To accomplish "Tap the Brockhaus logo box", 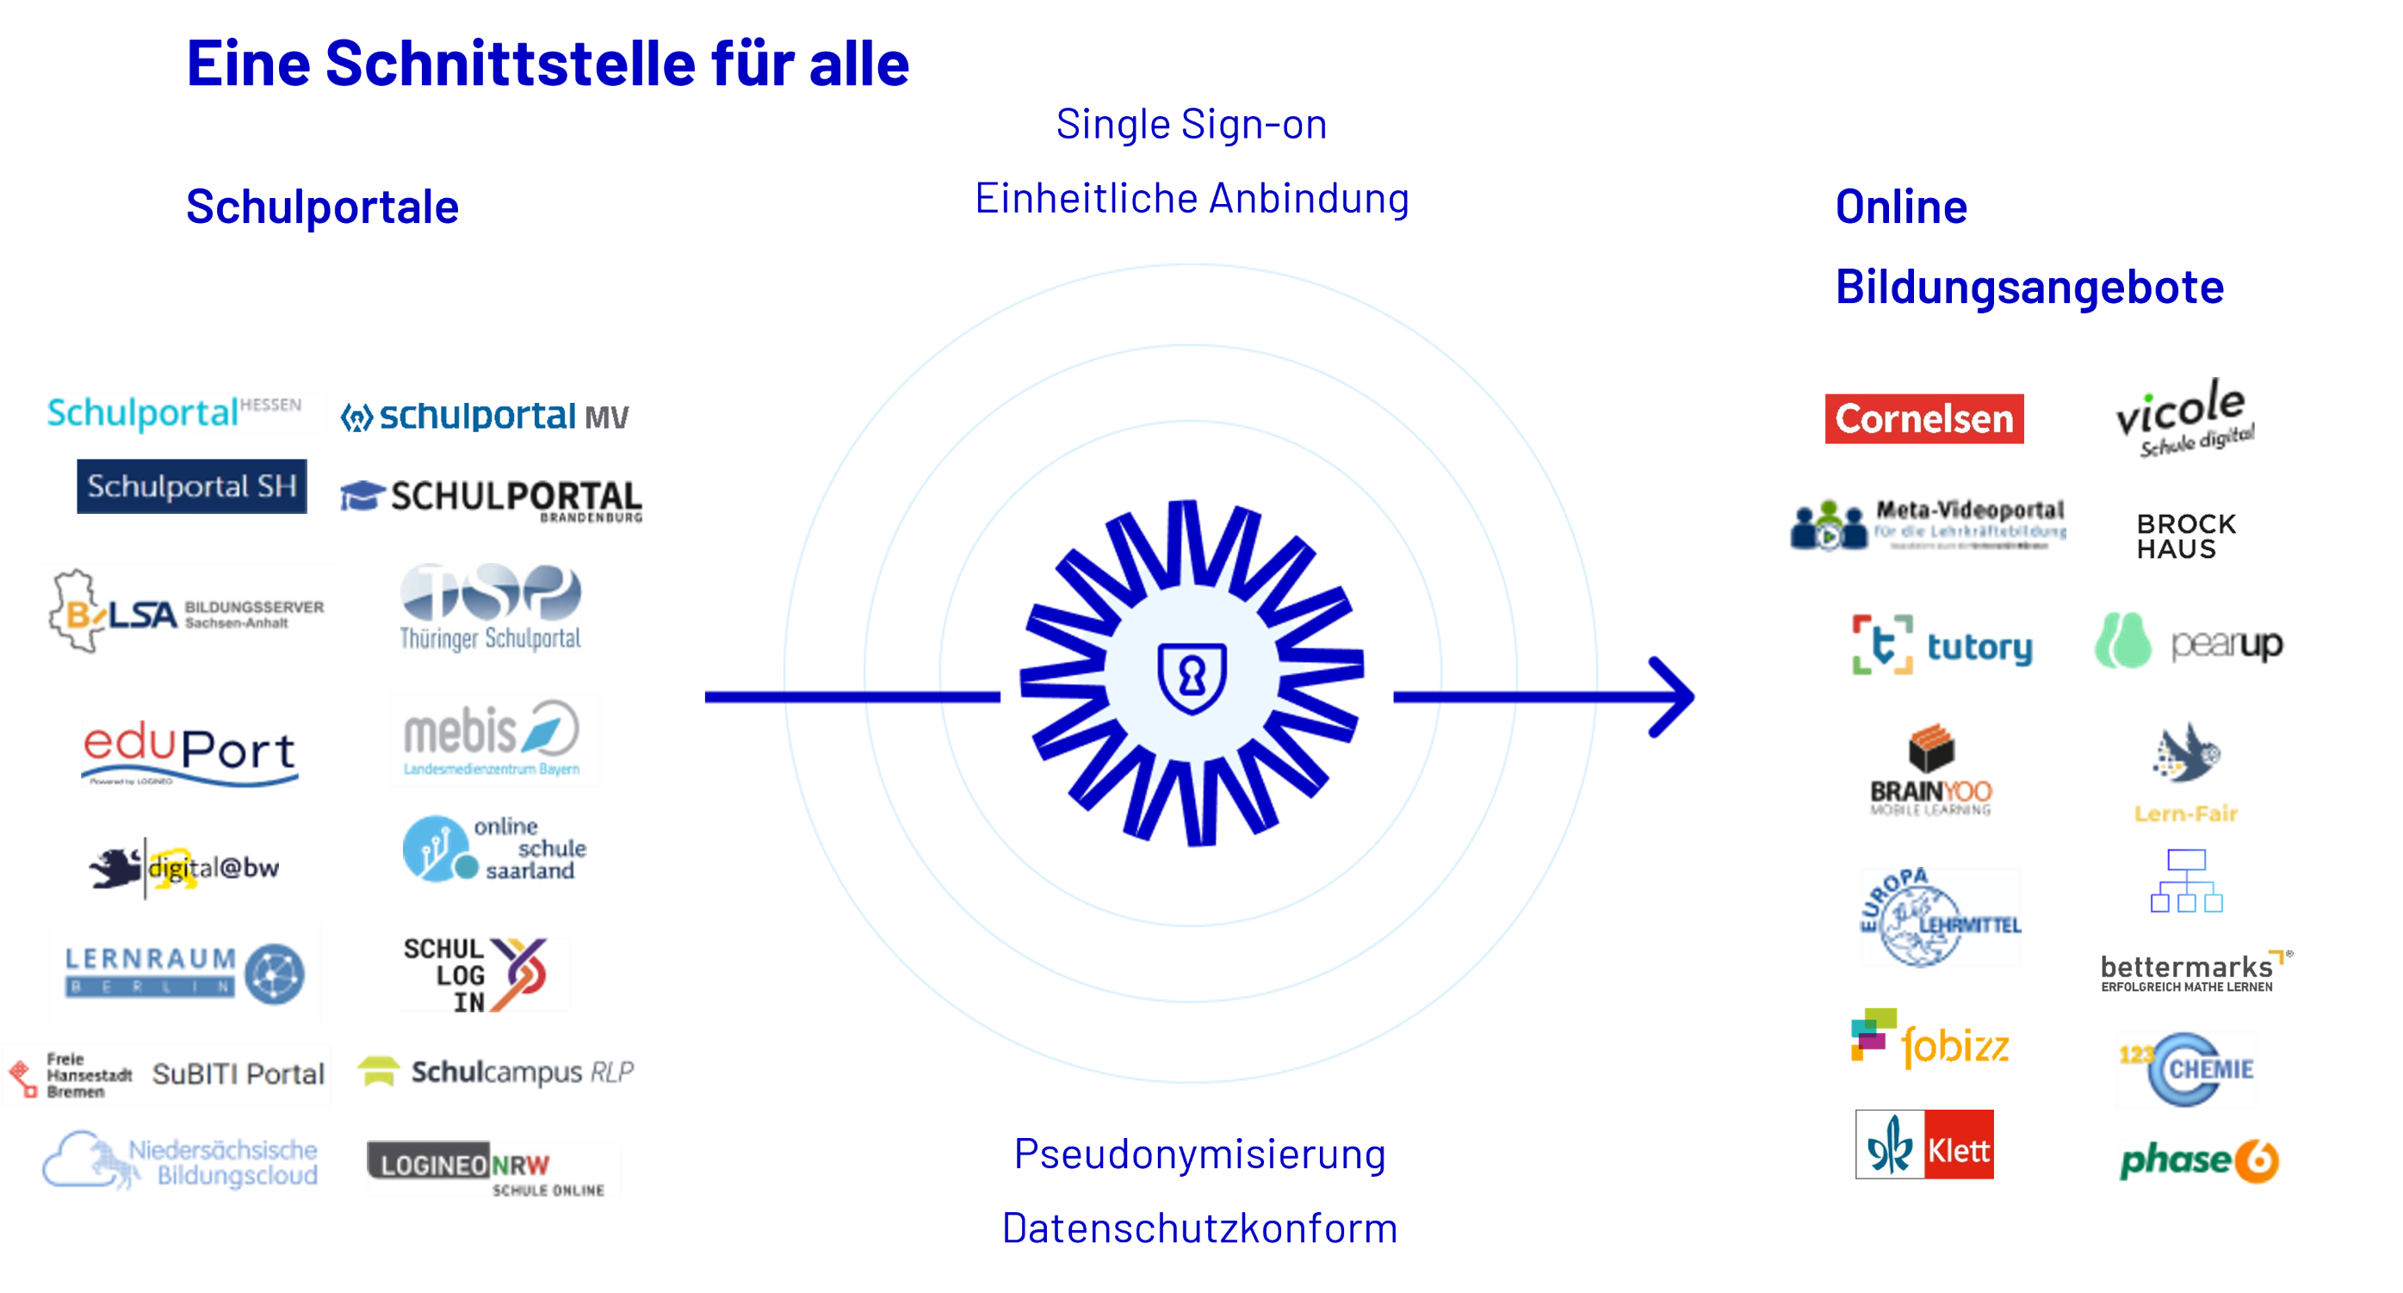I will coord(2186,536).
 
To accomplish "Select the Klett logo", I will coord(1924,1145).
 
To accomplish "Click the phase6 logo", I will coord(2199,1160).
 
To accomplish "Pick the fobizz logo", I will coord(1929,1040).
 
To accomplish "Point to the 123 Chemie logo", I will coord(2186,1069).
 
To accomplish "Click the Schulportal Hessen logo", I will coord(186,411).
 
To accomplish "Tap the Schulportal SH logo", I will coord(191,486).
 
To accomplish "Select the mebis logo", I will coord(494,739).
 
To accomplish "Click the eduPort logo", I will coord(190,754).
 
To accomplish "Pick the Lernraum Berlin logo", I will coord(183,972).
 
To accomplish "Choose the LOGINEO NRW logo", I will coord(493,1169).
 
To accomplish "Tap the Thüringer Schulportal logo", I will coord(491,609).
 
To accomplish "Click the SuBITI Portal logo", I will coord(166,1074).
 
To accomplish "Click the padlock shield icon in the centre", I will coord(1192,677).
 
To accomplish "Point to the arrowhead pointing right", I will coord(1675,697).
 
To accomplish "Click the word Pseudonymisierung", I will coord(1199,1155).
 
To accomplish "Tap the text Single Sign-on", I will coord(1192,125).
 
